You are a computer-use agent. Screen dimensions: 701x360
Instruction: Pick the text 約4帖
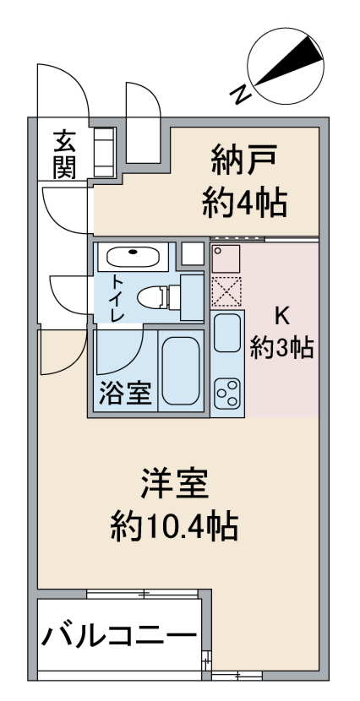point(244,203)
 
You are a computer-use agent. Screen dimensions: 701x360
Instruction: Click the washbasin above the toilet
point(134,257)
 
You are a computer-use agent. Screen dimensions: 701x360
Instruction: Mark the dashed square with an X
point(226,292)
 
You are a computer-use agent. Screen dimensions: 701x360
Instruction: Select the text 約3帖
point(282,347)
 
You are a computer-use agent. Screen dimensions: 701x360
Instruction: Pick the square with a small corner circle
point(226,257)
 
